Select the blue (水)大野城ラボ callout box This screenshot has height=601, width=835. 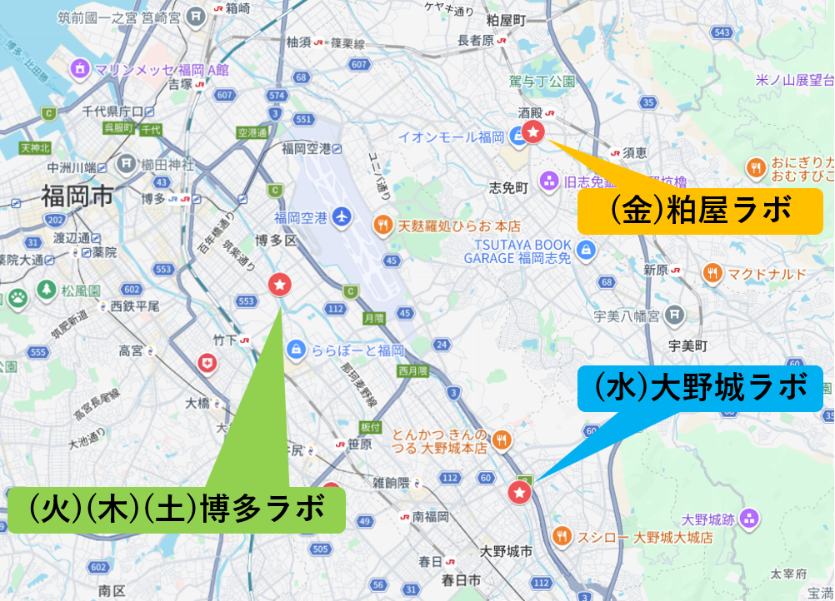[700, 388]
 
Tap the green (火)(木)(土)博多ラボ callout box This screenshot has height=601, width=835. [177, 508]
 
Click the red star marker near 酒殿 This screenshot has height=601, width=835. [533, 131]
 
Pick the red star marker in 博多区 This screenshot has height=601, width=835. [280, 285]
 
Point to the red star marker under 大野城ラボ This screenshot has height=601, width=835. [519, 493]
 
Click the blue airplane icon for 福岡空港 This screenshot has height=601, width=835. [341, 217]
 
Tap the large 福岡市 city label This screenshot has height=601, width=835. [77, 197]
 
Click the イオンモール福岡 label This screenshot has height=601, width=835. [451, 137]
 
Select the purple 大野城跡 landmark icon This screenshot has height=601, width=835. [750, 519]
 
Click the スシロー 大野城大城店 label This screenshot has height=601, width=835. [645, 537]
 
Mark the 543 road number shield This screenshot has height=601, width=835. [722, 32]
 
